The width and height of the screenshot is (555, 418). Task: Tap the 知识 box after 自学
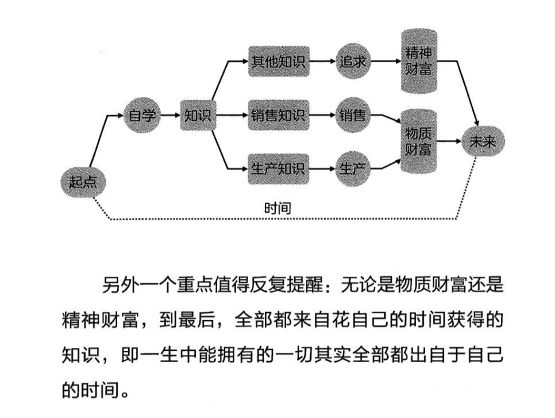(x=197, y=116)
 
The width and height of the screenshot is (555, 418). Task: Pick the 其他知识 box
(x=278, y=62)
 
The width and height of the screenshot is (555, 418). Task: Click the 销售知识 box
(x=278, y=116)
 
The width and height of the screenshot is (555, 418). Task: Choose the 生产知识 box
(x=278, y=168)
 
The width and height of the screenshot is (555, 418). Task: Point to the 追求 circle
(x=352, y=62)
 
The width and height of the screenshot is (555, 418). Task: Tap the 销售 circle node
(x=352, y=116)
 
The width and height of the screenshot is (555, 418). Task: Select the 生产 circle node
(x=352, y=168)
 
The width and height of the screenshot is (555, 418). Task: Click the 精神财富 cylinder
(x=418, y=62)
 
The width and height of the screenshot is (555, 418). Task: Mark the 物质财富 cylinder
(x=418, y=141)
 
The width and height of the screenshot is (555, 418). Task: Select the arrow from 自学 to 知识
(x=170, y=116)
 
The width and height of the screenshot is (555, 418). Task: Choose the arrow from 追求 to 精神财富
(x=385, y=62)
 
